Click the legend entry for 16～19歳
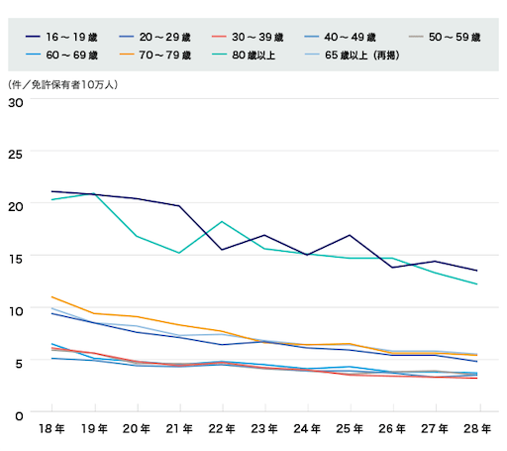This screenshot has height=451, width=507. pyautogui.click(x=61, y=37)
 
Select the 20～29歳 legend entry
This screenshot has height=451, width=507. pyautogui.click(x=154, y=37)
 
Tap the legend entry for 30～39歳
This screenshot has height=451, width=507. pyautogui.click(x=248, y=37)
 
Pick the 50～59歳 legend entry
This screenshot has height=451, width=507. pyautogui.click(x=445, y=37)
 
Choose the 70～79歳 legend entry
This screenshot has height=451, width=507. pyautogui.click(x=154, y=55)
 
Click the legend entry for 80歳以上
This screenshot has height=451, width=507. pyautogui.click(x=244, y=55)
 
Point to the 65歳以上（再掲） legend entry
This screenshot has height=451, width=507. pyautogui.click(x=352, y=55)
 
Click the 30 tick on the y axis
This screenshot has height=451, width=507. pyautogui.click(x=16, y=103)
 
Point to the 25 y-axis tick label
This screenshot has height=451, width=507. pyautogui.click(x=16, y=155)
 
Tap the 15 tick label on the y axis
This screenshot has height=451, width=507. pyautogui.click(x=16, y=259)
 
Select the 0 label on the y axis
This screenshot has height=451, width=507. pyautogui.click(x=19, y=416)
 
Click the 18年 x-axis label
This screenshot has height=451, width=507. pyautogui.click(x=51, y=429)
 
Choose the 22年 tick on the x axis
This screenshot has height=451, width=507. pyautogui.click(x=222, y=429)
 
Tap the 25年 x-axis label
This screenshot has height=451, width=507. pyautogui.click(x=350, y=429)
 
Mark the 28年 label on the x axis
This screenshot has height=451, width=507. pyautogui.click(x=477, y=429)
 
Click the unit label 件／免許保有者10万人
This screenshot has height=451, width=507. pyautogui.click(x=62, y=85)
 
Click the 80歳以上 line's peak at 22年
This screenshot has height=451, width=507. pyautogui.click(x=222, y=221)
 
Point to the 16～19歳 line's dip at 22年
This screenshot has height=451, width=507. pyautogui.click(x=222, y=250)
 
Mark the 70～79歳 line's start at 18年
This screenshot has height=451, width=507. pyautogui.click(x=51, y=296)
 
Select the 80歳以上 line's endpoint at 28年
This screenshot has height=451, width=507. pyautogui.click(x=477, y=283)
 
